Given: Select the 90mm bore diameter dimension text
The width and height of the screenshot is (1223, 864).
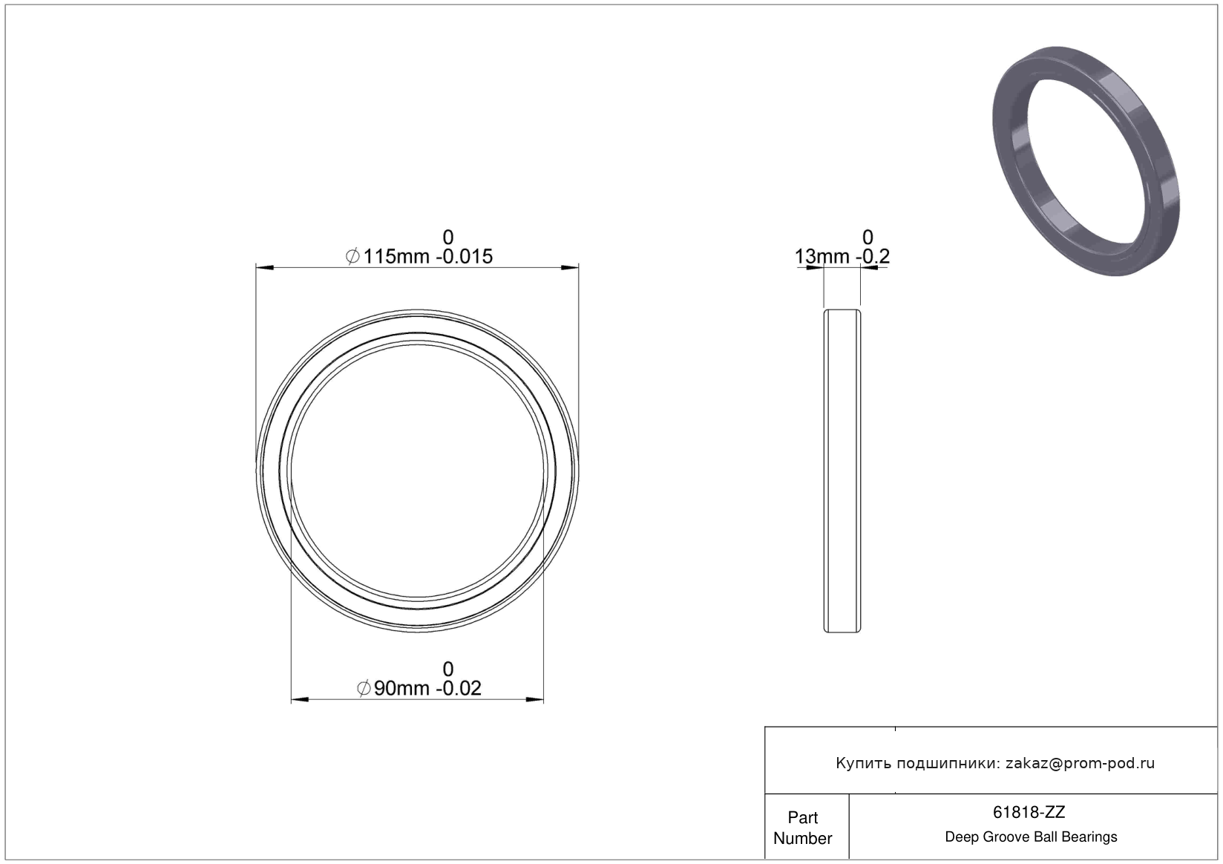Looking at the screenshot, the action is [401, 688].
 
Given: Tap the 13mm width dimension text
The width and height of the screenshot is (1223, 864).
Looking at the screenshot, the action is [822, 256].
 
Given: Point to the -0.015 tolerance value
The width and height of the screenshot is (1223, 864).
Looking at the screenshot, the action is [465, 256].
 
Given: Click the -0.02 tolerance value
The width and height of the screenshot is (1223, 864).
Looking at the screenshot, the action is [459, 688].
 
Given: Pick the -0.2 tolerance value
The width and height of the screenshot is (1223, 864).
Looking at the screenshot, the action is [873, 256].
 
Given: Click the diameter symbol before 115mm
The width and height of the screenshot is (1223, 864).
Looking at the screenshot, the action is [353, 256].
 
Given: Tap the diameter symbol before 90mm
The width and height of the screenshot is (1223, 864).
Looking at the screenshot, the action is [364, 688].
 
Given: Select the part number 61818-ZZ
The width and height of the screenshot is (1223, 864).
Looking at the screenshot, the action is [1029, 812].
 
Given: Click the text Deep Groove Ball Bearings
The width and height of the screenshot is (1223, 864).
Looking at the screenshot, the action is [1031, 837].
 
